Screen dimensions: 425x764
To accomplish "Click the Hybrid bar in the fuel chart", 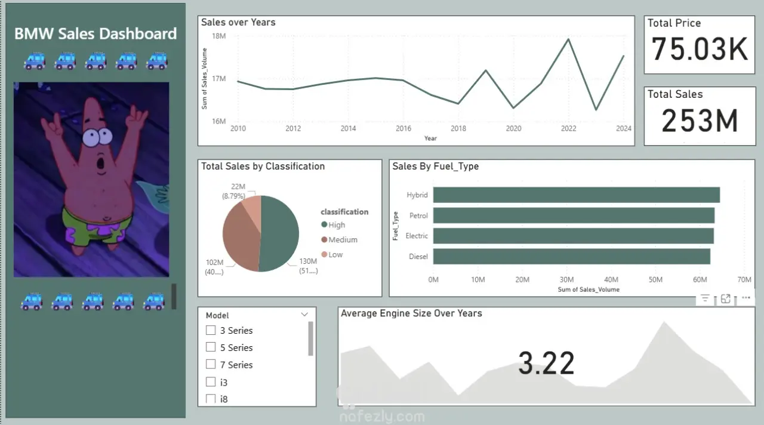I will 576,195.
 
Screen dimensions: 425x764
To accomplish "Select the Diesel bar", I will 571,257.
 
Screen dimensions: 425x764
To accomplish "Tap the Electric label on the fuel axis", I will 417,236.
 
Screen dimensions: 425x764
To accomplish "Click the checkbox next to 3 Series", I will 211,330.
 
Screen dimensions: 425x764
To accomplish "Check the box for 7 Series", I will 211,364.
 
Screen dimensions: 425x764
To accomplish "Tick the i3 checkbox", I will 211,382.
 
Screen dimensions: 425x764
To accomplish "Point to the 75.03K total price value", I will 700,50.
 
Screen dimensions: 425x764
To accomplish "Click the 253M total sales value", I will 700,121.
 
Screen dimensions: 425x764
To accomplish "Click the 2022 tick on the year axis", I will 569,128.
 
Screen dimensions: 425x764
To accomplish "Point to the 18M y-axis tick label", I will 219,36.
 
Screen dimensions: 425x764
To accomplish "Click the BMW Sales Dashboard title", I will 95,33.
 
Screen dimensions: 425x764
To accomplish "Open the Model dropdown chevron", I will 304,315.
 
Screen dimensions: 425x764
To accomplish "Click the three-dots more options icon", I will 745,298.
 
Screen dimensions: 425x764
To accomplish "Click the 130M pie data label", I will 308,261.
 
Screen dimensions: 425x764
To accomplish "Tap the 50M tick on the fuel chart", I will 655,279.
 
